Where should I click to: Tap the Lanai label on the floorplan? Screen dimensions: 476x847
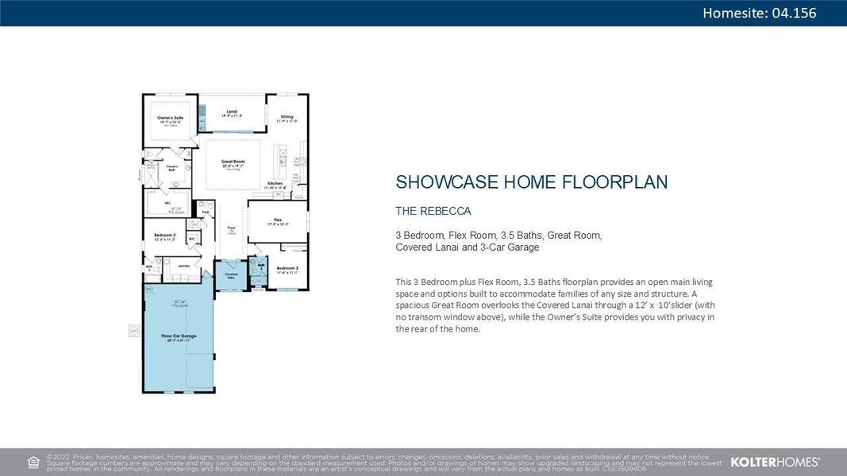(x=232, y=112)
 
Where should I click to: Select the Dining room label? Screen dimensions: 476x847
(x=286, y=117)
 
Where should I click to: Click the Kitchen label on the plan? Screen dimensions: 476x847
(x=274, y=183)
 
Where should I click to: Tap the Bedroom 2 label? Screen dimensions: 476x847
(x=164, y=235)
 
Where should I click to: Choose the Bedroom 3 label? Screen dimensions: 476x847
(x=287, y=269)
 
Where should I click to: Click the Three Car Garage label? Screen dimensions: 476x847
(x=178, y=336)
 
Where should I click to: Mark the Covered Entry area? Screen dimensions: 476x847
(x=232, y=275)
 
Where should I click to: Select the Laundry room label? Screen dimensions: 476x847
(x=183, y=266)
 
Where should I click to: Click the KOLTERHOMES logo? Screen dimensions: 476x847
(x=775, y=462)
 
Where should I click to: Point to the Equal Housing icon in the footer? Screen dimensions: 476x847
(x=33, y=462)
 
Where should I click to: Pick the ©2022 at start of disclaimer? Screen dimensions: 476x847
(x=59, y=457)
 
